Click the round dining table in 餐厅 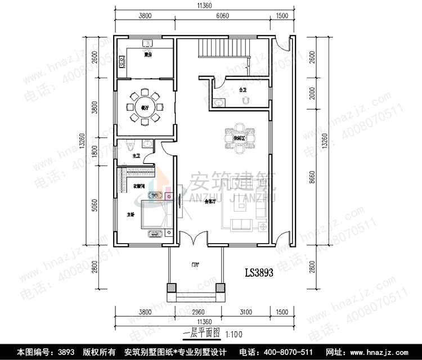[145, 107]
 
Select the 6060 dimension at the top [222, 17]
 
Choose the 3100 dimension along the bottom [245, 312]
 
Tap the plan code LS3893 [259, 274]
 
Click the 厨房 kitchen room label [148, 55]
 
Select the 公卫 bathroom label [243, 89]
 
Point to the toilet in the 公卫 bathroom [244, 100]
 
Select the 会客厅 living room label [211, 201]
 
